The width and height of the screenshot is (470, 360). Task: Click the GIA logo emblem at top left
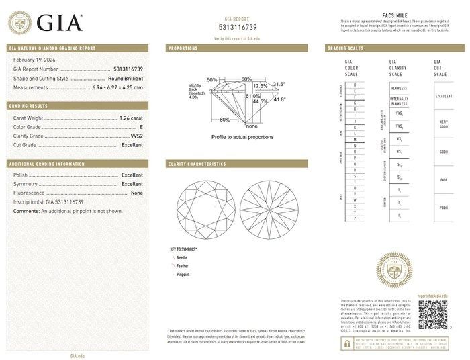[19, 22]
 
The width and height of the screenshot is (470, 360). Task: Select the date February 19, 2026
[35, 60]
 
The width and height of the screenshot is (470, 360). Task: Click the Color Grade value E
[140, 126]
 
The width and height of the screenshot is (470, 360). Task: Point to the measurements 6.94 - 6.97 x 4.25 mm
[116, 87]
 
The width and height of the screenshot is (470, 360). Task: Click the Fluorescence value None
[136, 193]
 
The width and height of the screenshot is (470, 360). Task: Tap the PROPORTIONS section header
[183, 48]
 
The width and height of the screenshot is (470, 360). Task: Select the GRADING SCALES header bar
[345, 48]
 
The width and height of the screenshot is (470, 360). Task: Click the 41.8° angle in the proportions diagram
[279, 99]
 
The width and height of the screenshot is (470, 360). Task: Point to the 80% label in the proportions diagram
[224, 120]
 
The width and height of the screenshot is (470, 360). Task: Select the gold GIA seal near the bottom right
[394, 271]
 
